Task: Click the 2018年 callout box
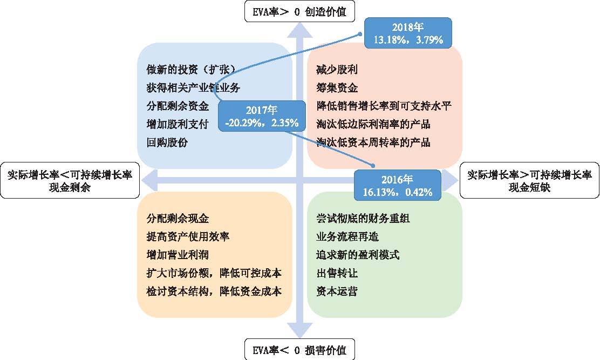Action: pyautogui.click(x=408, y=33)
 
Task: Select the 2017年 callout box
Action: pyautogui.click(x=262, y=116)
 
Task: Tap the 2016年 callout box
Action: pyautogui.click(x=398, y=185)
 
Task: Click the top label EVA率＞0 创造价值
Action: pyautogui.click(x=299, y=11)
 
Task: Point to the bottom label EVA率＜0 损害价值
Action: pyautogui.click(x=299, y=350)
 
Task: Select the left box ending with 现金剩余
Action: pyautogui.click(x=70, y=181)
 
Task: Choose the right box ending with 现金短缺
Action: pyautogui.click(x=530, y=181)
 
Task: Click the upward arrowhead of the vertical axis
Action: pyautogui.click(x=299, y=30)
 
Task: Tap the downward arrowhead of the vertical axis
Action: pyautogui.click(x=299, y=330)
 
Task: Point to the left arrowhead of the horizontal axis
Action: pyautogui.click(x=149, y=180)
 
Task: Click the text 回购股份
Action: pyautogui.click(x=167, y=142)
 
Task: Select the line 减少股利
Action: pyautogui.click(x=337, y=70)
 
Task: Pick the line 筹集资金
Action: pyautogui.click(x=337, y=88)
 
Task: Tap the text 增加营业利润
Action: pyautogui.click(x=178, y=255)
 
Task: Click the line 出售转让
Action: pyautogui.click(x=337, y=273)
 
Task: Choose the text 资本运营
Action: pyautogui.click(x=337, y=291)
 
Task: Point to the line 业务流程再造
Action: pyautogui.click(x=347, y=236)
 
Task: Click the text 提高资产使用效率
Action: pyautogui.click(x=188, y=236)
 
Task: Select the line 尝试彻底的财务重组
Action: pyautogui.click(x=363, y=218)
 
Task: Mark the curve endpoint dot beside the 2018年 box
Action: pyautogui.click(x=360, y=34)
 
